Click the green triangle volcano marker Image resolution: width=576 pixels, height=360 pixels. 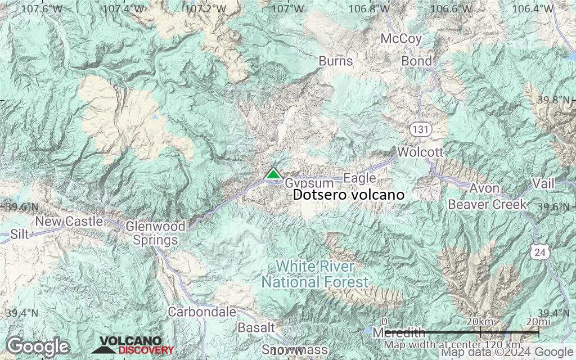coord(273,173)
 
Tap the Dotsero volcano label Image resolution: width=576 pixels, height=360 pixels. coord(349,195)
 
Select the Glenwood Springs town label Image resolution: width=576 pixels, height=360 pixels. coord(155,233)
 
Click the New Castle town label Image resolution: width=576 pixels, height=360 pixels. coord(69,221)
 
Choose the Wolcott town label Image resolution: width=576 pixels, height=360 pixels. coord(420,152)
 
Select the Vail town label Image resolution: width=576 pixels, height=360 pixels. coord(543,184)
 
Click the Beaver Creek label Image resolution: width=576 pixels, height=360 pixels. coord(487,204)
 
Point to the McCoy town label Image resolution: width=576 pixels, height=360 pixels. coord(401,39)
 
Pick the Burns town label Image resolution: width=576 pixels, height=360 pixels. coord(335,61)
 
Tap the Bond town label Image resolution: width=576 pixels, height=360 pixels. coord(417,61)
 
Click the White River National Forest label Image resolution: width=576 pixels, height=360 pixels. coord(314,273)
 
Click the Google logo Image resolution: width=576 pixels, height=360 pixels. coord(38,346)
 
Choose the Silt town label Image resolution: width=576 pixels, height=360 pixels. coord(20,233)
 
